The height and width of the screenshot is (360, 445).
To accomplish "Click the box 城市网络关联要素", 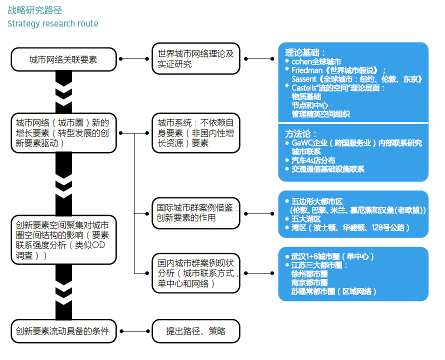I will pyautogui.click(x=63, y=59).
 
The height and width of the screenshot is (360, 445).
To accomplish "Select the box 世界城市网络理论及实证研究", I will pyautogui.click(x=196, y=59).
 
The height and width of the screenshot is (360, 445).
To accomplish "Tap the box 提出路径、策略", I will pyautogui.click(x=196, y=331).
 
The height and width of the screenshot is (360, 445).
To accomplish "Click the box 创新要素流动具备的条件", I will pyautogui.click(x=63, y=331).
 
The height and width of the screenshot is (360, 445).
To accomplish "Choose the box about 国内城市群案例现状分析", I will pyautogui.click(x=196, y=273).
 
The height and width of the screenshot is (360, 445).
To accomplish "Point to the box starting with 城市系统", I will pyautogui.click(x=196, y=132).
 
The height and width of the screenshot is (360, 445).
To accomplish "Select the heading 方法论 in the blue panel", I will pyautogui.click(x=301, y=134).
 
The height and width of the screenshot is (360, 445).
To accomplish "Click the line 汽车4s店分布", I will pyautogui.click(x=313, y=160).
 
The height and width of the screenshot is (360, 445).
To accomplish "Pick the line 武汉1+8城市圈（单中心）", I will pyautogui.click(x=332, y=256).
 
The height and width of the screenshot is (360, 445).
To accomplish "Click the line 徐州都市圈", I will pyautogui.click(x=309, y=274).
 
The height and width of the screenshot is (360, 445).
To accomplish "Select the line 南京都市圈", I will pyautogui.click(x=309, y=282).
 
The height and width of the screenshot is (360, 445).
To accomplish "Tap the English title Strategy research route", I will pyautogui.click(x=52, y=23).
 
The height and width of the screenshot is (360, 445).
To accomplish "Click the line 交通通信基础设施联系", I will pyautogui.click(x=327, y=169).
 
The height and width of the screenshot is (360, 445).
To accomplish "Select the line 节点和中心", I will pyautogui.click(x=309, y=105).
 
